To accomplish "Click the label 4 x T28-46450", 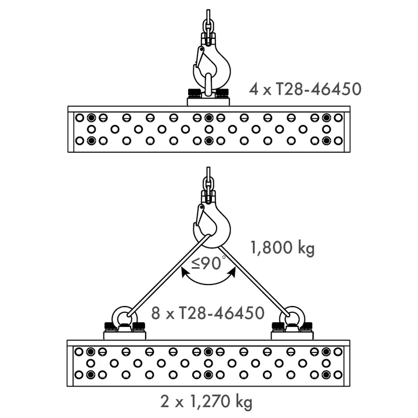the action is point(305,89).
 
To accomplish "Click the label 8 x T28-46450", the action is point(208,313).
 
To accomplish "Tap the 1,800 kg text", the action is point(283,248).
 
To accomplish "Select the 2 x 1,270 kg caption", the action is point(206,402).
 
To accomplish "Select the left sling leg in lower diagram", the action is point(169,276).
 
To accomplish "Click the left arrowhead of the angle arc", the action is point(184,272).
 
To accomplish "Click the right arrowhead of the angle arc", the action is point(233,272).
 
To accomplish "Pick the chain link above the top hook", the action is point(208,26).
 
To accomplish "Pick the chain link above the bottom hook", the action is point(208,184).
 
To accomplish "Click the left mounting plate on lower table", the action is point(124,336).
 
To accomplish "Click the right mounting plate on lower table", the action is point(292,336).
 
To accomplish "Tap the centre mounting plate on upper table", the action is point(208,102).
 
